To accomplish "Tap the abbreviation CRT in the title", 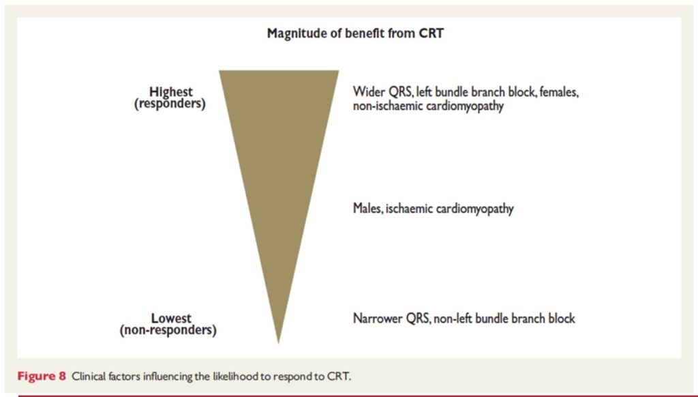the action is tap(431, 33).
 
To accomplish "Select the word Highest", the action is tap(170, 92).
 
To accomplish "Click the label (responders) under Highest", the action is tap(170, 104).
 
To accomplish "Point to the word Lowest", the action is tap(171, 319).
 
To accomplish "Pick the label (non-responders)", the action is tap(168, 330).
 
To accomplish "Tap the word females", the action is tap(559, 92).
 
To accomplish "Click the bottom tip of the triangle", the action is tap(279, 344).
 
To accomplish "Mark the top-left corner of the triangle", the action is tap(219, 70).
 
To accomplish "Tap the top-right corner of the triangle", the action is tap(339, 70).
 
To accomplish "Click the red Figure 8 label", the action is tap(42, 377).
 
